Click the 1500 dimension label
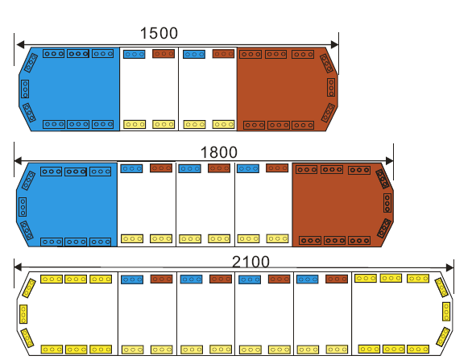159,33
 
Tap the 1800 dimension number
219,152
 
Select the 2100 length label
250,262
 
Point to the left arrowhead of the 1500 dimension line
20,45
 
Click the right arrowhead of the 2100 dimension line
449,267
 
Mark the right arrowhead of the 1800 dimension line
390,161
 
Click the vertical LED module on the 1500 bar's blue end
25,89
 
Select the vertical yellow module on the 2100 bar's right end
446,312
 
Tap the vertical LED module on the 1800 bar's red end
387,203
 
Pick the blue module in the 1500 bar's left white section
135,54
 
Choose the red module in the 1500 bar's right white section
223,54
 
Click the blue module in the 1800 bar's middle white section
189,168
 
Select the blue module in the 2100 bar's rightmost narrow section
308,279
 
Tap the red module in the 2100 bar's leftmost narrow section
162,279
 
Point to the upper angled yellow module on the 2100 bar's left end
29,288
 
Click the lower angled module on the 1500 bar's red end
328,113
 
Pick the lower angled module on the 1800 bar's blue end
27,230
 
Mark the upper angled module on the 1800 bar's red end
383,179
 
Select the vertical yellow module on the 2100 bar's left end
23,314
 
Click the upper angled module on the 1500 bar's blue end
31,63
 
